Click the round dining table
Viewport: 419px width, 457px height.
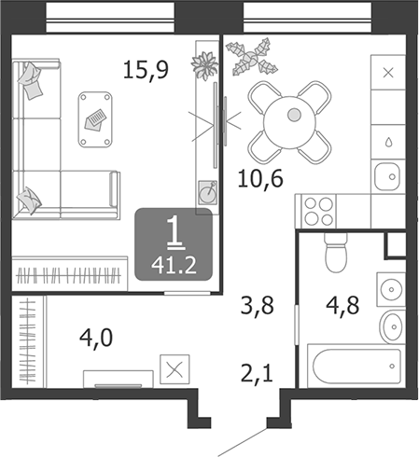293,115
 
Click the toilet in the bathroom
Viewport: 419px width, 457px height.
334,250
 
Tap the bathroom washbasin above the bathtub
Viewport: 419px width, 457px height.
391,325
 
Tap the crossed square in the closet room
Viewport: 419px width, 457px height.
174,368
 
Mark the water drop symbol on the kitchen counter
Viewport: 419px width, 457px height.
387,142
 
